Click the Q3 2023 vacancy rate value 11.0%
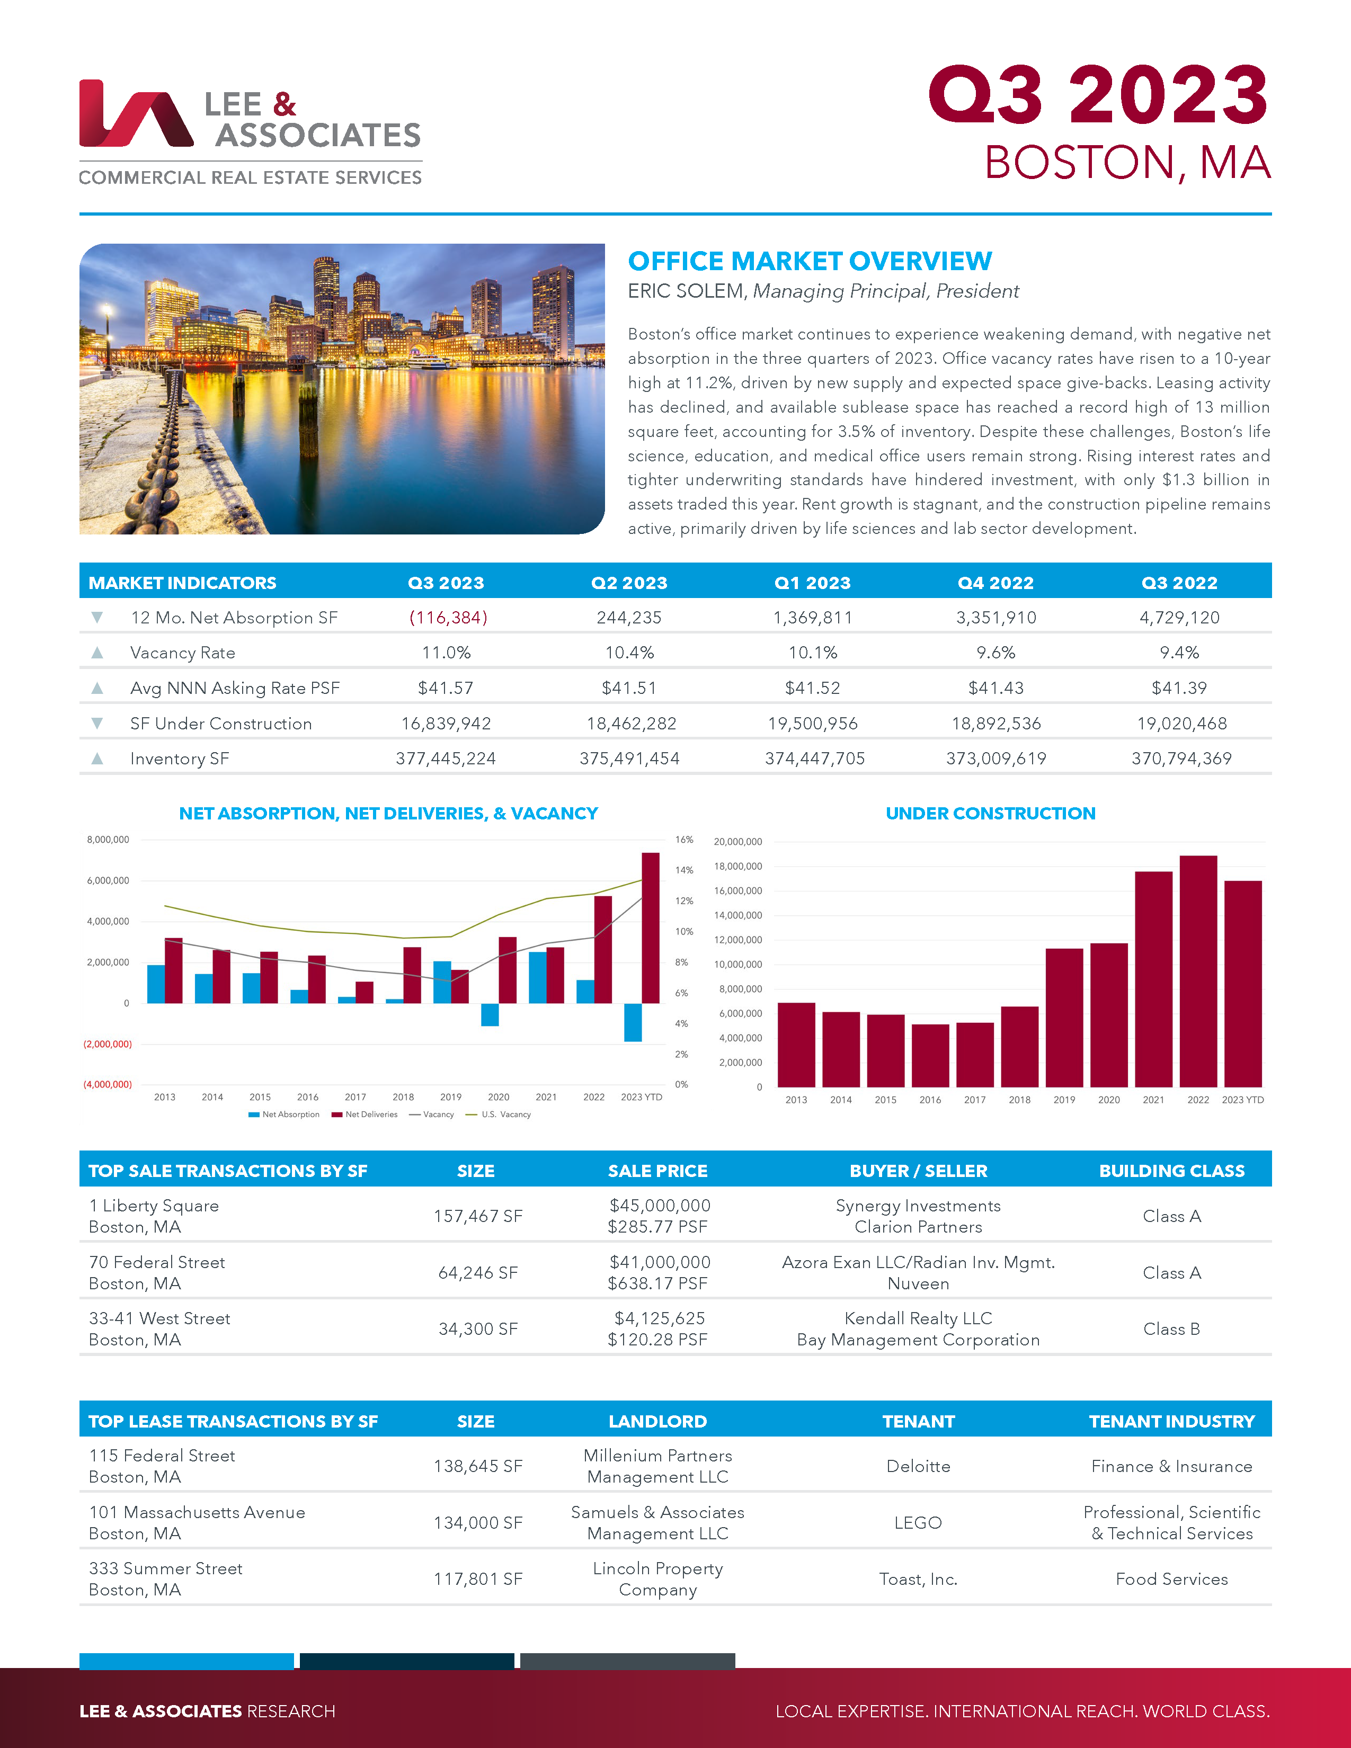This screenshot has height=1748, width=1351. pyautogui.click(x=446, y=652)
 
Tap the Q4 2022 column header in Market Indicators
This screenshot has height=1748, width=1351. pyautogui.click(x=996, y=583)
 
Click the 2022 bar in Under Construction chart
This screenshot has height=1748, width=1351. pyautogui.click(x=1198, y=970)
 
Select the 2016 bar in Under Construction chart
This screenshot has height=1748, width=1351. pyautogui.click(x=930, y=1055)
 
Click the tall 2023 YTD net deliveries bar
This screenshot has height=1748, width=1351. pyautogui.click(x=651, y=927)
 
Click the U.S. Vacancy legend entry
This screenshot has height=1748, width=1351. pyautogui.click(x=505, y=1114)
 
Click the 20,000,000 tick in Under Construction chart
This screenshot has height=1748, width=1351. pyautogui.click(x=738, y=842)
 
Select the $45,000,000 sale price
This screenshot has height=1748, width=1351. pyautogui.click(x=660, y=1206)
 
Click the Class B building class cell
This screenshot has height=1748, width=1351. pyautogui.click(x=1171, y=1328)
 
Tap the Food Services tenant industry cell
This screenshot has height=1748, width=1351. pyautogui.click(x=1171, y=1579)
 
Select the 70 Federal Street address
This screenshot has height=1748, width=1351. pyautogui.click(x=157, y=1262)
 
